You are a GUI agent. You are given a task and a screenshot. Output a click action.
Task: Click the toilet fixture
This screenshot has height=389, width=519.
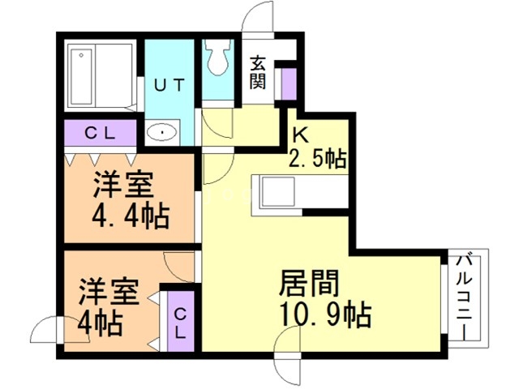(x=217, y=57)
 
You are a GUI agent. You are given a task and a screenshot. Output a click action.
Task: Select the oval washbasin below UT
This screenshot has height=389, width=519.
(x=162, y=132)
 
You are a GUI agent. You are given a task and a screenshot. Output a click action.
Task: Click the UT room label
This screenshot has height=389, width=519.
(x=169, y=85)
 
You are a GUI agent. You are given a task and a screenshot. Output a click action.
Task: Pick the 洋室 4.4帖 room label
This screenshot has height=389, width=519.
(x=130, y=200)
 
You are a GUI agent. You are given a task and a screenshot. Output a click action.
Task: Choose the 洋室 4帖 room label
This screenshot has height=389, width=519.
(x=108, y=307)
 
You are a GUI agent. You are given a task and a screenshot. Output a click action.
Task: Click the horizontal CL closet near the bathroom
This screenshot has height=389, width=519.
(x=101, y=133)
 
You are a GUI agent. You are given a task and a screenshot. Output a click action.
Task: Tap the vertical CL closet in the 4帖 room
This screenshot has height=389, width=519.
(x=180, y=321)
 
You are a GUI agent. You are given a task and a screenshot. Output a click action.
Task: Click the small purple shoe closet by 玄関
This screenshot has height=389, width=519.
(x=289, y=83)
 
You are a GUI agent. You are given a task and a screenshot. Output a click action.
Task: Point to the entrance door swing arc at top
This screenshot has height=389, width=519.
(x=258, y=16)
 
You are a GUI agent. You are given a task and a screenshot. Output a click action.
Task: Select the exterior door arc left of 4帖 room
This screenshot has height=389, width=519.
(x=59, y=330)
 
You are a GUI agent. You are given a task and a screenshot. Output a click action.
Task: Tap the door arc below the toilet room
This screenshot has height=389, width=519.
(x=217, y=123)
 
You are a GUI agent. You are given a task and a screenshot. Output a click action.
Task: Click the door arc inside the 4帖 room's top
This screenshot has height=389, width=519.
(x=178, y=267)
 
